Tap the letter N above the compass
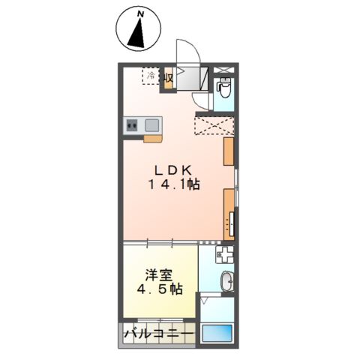point(139,13)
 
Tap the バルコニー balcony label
point(159,332)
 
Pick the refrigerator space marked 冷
point(151,76)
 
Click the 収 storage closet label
point(169,76)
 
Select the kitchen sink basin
point(151,125)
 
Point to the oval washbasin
point(226,282)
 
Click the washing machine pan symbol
point(225,254)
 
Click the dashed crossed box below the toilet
point(214,124)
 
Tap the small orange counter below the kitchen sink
point(152,138)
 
